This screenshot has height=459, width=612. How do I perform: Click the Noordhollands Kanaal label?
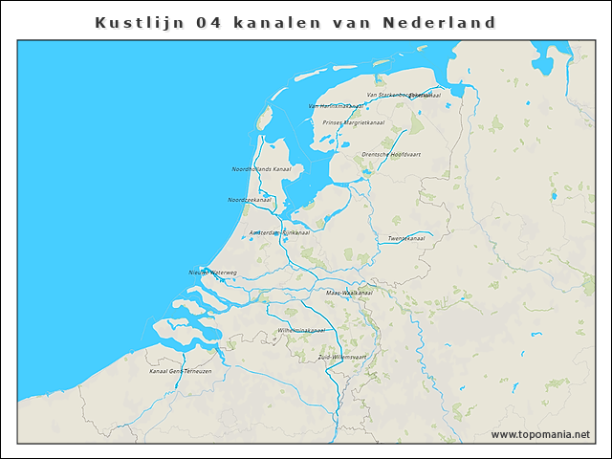point(261,169)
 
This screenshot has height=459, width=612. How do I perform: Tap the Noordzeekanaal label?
point(250,200)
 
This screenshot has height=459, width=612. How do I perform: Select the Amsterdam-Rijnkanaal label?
point(279,233)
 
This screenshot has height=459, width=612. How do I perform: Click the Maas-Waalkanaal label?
point(348,293)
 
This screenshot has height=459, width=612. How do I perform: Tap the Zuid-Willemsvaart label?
point(342,357)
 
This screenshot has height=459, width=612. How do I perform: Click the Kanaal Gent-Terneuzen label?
point(180,370)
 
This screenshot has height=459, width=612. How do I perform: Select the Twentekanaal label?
point(405,238)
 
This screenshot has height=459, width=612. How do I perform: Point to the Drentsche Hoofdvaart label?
point(391,154)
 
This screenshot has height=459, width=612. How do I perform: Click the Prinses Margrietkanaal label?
point(353,122)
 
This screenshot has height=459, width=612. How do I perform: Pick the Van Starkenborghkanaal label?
point(404,95)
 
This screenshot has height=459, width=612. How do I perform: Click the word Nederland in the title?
point(439,21)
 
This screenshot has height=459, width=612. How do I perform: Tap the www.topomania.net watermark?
point(540,435)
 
